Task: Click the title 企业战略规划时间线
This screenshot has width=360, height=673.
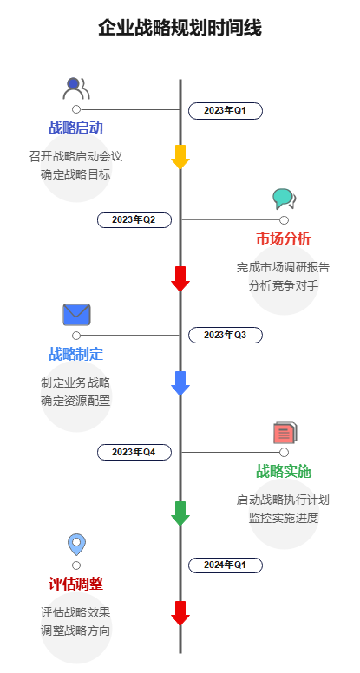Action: [x=180, y=29]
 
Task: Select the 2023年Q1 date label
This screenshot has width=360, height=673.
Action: [x=226, y=110]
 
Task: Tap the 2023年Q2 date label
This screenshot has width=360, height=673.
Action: [x=134, y=219]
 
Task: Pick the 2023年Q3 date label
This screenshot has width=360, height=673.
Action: [x=226, y=335]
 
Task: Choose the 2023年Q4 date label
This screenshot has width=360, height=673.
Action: [x=134, y=452]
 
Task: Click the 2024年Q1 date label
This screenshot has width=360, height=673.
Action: [x=226, y=565]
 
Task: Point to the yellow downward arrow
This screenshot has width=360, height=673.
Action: [x=180, y=157]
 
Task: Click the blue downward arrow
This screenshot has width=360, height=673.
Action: [x=180, y=383]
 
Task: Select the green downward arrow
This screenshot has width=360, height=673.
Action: [x=180, y=513]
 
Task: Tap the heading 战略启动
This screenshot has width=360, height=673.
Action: [x=76, y=128]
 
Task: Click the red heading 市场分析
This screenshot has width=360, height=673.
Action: [x=284, y=238]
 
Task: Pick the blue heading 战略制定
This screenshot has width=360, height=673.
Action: [x=76, y=354]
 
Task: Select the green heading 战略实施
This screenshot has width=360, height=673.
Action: [x=284, y=471]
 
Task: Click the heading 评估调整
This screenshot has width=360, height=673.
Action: [x=76, y=583]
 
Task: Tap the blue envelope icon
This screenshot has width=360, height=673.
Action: [x=76, y=314]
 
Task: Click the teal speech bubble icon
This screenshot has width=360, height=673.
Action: [x=284, y=199]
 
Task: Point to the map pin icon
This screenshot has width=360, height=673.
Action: [x=76, y=544]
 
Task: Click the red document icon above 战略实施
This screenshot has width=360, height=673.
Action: [x=285, y=432]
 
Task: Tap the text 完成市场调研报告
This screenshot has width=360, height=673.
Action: [x=284, y=267]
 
